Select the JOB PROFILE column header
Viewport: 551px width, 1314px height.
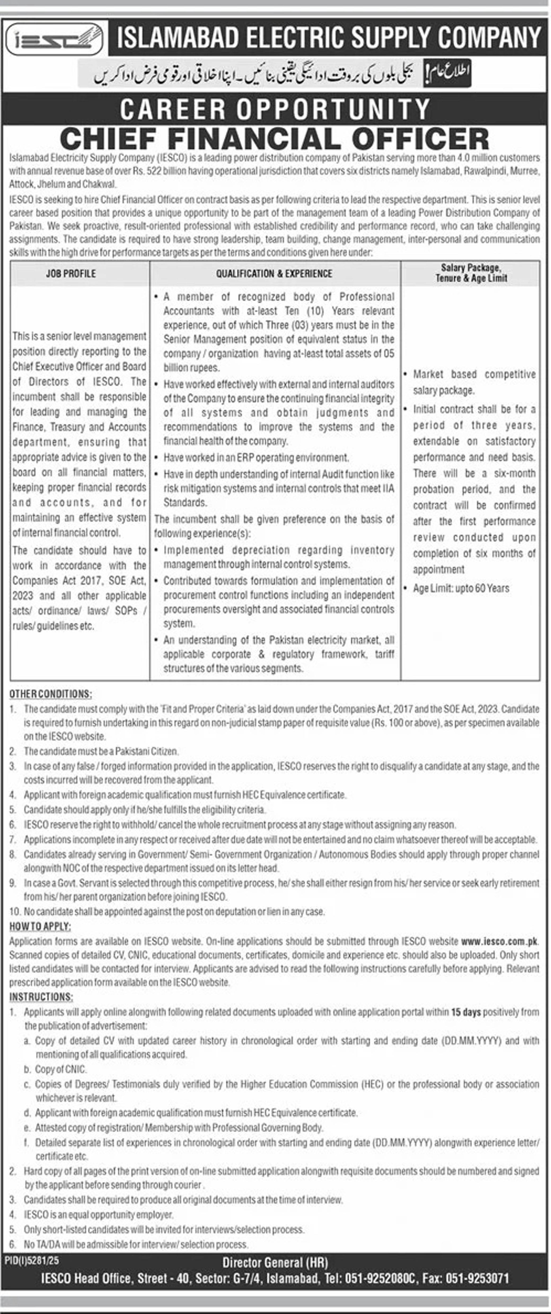tap(71, 273)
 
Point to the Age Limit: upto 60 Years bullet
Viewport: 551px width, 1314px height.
tap(461, 588)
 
